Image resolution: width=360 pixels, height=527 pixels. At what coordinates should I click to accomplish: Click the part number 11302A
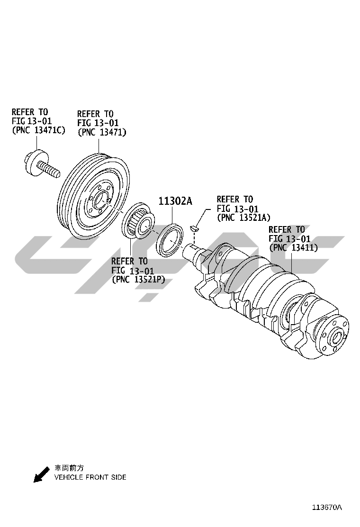(x=175, y=201)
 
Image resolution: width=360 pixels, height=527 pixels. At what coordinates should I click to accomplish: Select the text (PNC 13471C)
(x=38, y=130)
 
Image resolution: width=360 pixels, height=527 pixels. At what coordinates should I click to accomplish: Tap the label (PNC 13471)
(x=102, y=132)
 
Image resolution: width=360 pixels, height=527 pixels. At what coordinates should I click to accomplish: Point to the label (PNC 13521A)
(x=243, y=218)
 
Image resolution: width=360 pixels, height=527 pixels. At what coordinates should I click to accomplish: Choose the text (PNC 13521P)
(x=138, y=280)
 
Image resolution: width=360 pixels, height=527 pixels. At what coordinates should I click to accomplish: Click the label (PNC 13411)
(x=293, y=247)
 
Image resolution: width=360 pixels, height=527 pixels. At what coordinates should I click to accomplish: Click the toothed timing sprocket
(x=138, y=223)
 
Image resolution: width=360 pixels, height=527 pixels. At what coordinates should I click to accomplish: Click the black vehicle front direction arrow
(x=41, y=474)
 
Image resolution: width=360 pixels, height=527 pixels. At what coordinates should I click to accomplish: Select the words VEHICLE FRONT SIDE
(x=90, y=477)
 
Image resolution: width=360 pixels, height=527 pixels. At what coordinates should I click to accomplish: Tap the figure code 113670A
(x=326, y=507)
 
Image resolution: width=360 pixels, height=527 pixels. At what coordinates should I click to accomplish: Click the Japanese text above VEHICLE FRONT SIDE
(x=69, y=468)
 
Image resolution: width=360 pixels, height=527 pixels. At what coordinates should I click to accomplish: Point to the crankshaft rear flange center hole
(x=337, y=337)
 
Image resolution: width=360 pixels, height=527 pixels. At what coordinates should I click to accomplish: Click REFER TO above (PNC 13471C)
(x=30, y=112)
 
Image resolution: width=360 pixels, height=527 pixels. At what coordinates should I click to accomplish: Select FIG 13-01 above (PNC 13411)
(x=289, y=239)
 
